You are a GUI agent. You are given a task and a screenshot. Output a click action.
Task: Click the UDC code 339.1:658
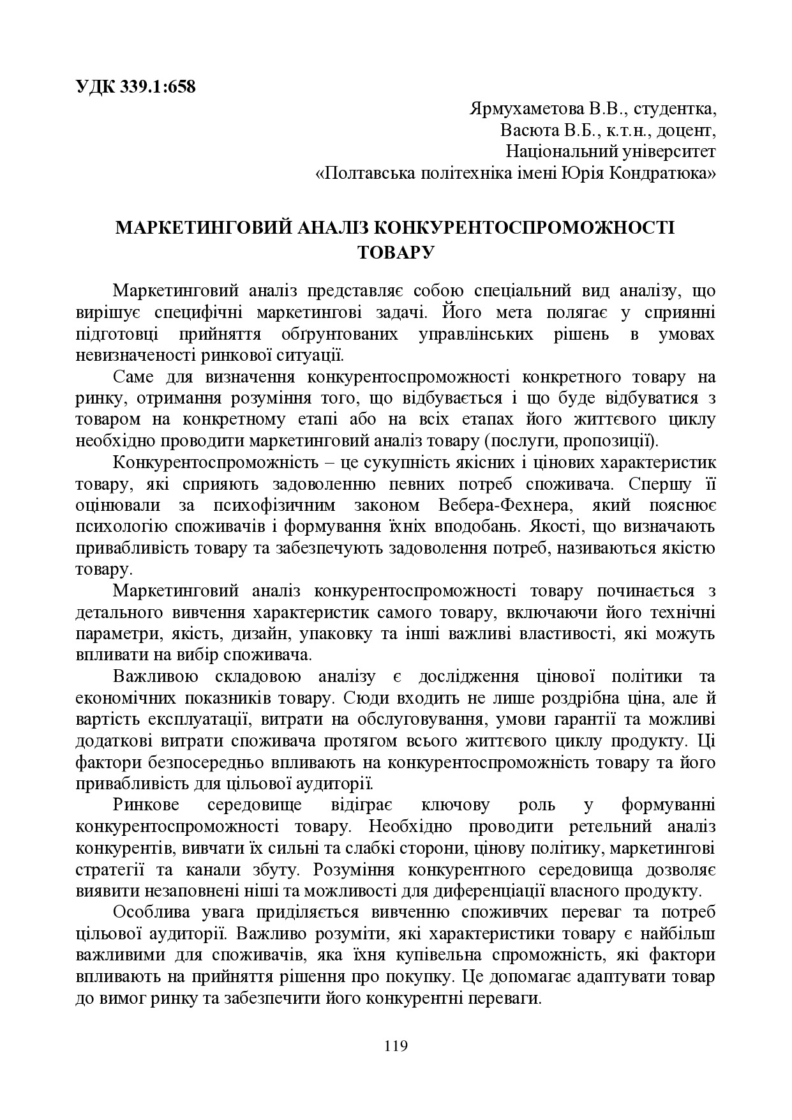157,87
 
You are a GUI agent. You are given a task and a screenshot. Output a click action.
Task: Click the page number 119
396,1045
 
